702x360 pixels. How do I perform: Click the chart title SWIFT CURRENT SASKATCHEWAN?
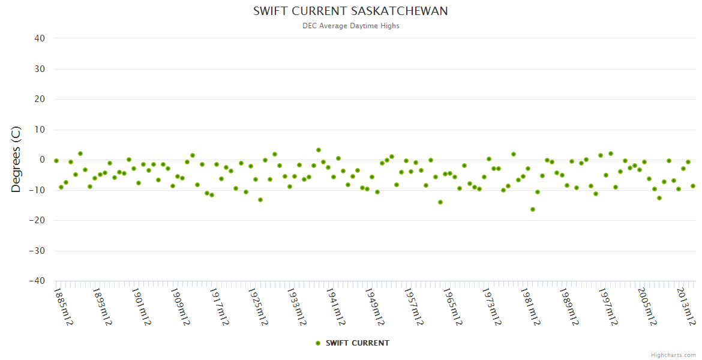(x=350, y=11)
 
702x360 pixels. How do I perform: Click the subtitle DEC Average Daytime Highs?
(x=350, y=26)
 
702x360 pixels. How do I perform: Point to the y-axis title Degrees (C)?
(x=16, y=160)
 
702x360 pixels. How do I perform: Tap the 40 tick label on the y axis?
(x=40, y=38)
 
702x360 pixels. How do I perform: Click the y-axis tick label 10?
(x=40, y=130)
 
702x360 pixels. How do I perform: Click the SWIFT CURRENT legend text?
(x=357, y=343)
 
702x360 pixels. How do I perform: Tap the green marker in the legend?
(x=318, y=343)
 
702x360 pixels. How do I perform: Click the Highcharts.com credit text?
(x=673, y=355)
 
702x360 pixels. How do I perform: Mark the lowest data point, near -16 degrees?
(x=532, y=209)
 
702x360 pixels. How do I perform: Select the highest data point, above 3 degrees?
(x=319, y=150)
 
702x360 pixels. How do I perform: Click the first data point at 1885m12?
(x=56, y=161)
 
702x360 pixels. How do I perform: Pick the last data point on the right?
(x=693, y=186)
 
